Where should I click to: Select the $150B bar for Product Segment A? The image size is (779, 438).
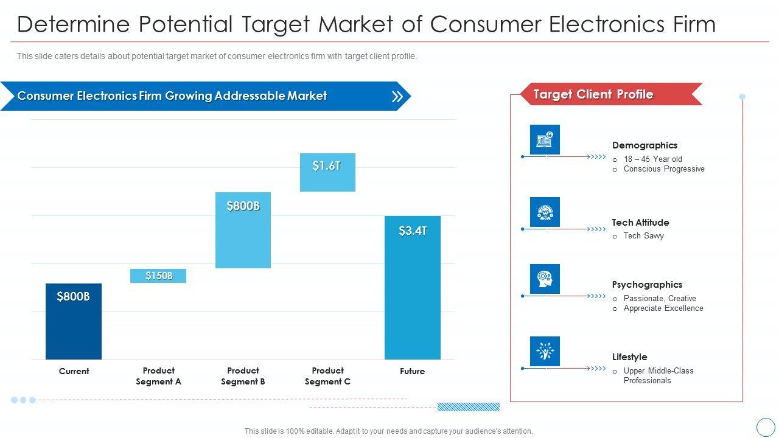coord(158,276)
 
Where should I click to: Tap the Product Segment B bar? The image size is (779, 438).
coord(243,230)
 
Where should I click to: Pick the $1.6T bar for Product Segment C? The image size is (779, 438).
coord(327,172)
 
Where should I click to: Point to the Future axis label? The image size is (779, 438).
coord(412,371)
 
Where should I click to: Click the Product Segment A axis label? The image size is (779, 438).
coord(158,376)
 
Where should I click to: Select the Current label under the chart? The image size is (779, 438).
coord(74,371)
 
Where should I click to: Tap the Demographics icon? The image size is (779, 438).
coord(545,140)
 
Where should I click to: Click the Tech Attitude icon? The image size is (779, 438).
coord(545,212)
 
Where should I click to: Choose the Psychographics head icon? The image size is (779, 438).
coord(545,279)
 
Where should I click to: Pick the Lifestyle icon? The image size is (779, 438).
coord(545,351)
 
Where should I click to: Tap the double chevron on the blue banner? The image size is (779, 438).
coord(397,96)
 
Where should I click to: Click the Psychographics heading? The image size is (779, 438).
coord(647,285)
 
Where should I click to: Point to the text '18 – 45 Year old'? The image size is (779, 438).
coord(652,159)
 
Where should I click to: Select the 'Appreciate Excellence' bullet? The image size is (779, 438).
coord(663,308)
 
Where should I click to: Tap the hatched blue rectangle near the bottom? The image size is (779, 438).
coord(468,407)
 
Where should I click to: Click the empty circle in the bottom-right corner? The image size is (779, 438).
coord(765,426)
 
